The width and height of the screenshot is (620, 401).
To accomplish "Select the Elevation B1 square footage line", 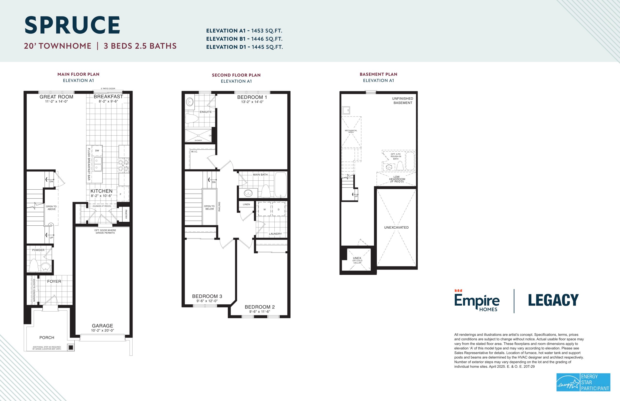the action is pos(244,39).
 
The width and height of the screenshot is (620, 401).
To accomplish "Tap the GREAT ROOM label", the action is pos(56,97).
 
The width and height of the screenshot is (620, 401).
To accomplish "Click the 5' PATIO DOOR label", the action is pos(108,89).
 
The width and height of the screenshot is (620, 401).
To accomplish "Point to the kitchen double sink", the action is pos(98,164).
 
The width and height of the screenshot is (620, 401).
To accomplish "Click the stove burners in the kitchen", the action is pos(124,165).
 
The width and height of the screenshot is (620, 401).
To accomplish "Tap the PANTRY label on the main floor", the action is pos(126,214).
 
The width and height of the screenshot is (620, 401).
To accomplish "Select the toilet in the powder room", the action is pos(34,265).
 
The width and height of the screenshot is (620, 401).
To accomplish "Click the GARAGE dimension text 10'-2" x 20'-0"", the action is pos(103,331).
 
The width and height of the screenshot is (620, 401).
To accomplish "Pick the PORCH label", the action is pos(47,338).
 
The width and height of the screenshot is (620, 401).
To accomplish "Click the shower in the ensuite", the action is pos(198,136).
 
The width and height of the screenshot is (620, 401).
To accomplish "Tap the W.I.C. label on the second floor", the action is pos(194,152).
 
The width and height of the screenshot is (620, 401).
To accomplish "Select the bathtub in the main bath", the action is pos(280,185).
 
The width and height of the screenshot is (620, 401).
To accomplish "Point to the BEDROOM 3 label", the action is pos(207,296).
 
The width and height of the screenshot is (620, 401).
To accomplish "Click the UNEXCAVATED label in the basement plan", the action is pos(396,227).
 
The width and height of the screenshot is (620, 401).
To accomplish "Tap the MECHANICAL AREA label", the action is pos(351,131).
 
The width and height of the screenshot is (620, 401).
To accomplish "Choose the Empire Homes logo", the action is pos(477,301).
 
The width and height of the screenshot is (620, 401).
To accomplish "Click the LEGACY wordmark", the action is pos(553,300).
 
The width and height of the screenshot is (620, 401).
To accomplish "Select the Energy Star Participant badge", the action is pos(583,382).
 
